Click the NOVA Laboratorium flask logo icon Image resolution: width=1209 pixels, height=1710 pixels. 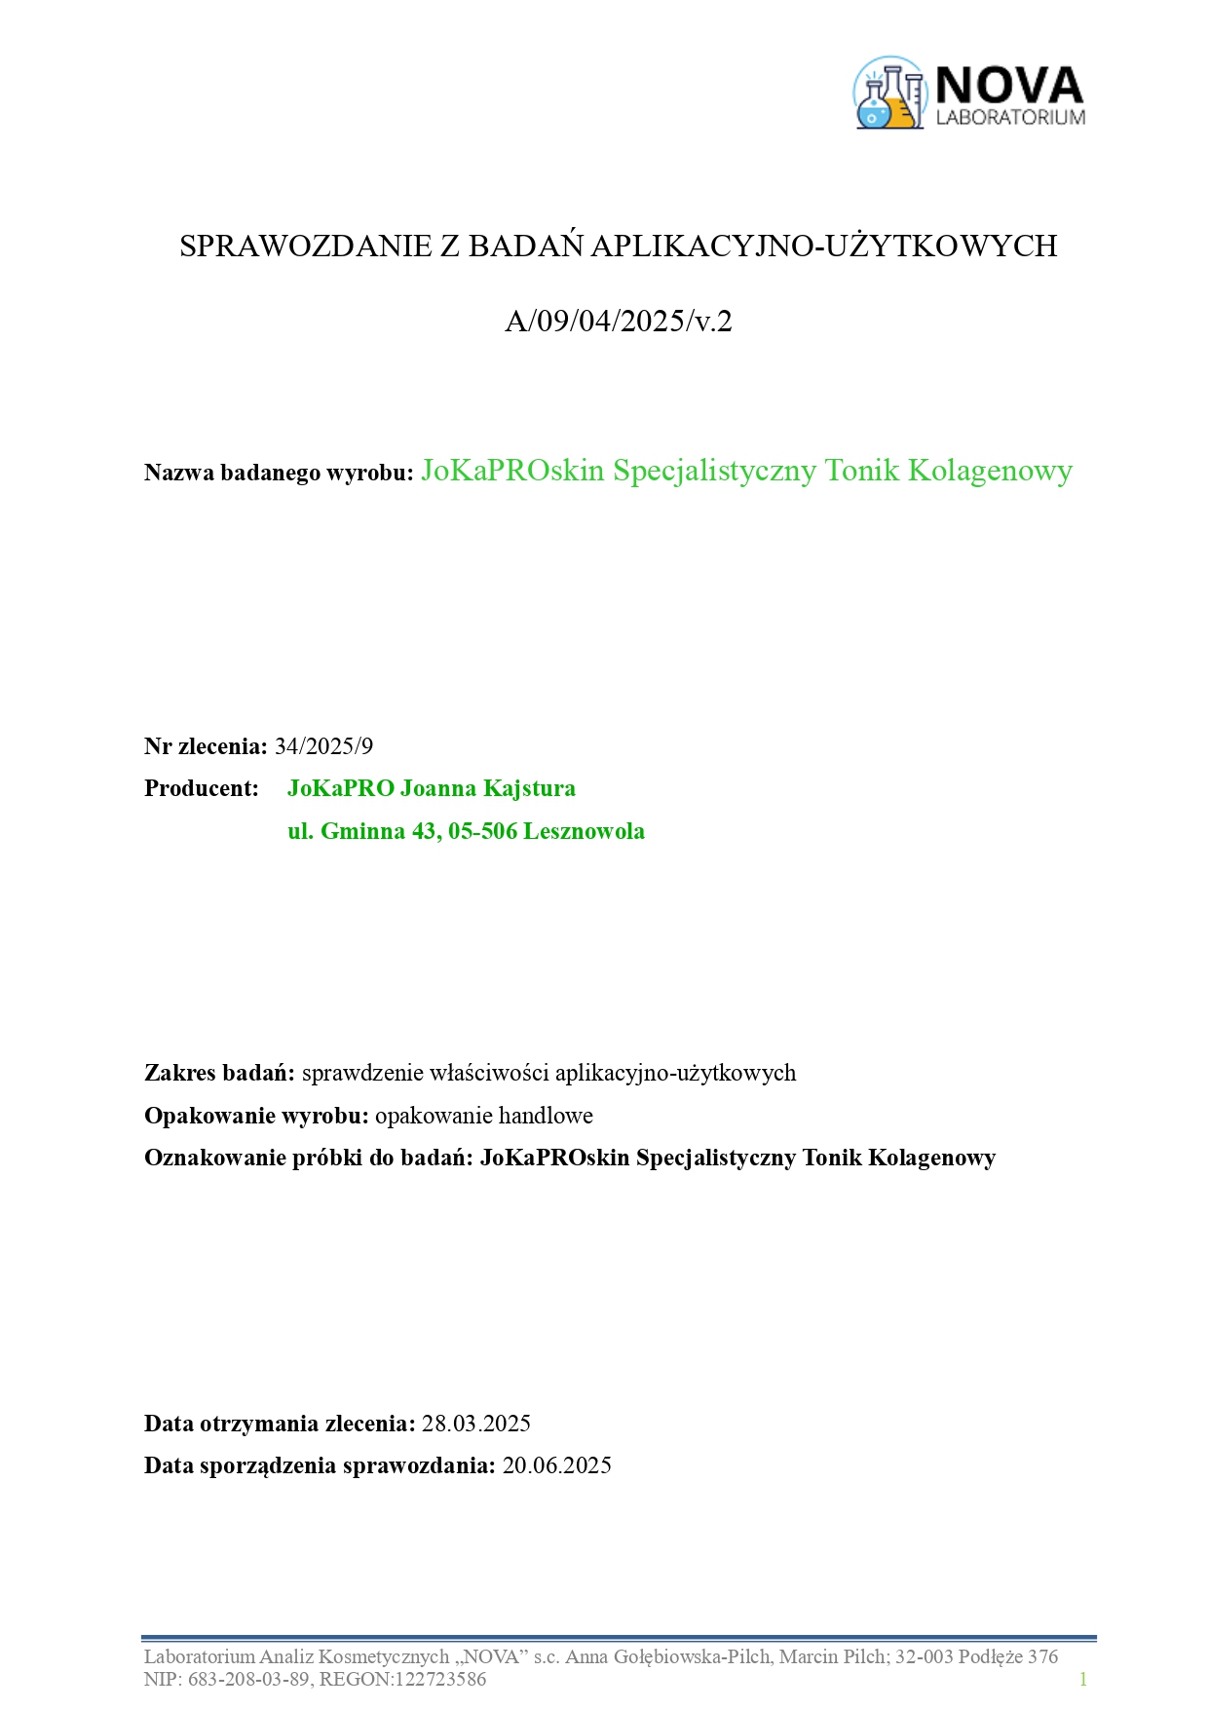pos(888,94)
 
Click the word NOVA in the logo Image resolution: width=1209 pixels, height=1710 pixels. pos(1009,86)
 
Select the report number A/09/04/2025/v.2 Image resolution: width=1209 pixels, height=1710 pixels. pos(618,321)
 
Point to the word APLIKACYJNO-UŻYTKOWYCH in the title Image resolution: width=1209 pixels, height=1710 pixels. pos(823,246)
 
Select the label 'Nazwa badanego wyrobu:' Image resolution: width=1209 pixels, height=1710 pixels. pos(280,473)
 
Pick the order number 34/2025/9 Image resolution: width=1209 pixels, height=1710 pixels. pos(323,746)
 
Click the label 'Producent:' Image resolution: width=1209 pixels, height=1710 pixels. pos(202,788)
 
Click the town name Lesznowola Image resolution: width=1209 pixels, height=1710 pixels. pos(585,831)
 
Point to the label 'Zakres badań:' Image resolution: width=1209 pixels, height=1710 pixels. pos(219,1073)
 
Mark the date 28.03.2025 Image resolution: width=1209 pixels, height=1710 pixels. pos(475,1424)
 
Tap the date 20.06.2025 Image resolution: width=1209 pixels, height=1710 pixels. pos(556,1465)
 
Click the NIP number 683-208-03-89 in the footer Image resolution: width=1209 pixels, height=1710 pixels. pos(247,1679)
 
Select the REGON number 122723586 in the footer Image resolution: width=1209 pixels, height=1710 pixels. pos(437,1679)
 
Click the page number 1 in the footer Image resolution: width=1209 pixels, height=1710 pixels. pos(1082,1679)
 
